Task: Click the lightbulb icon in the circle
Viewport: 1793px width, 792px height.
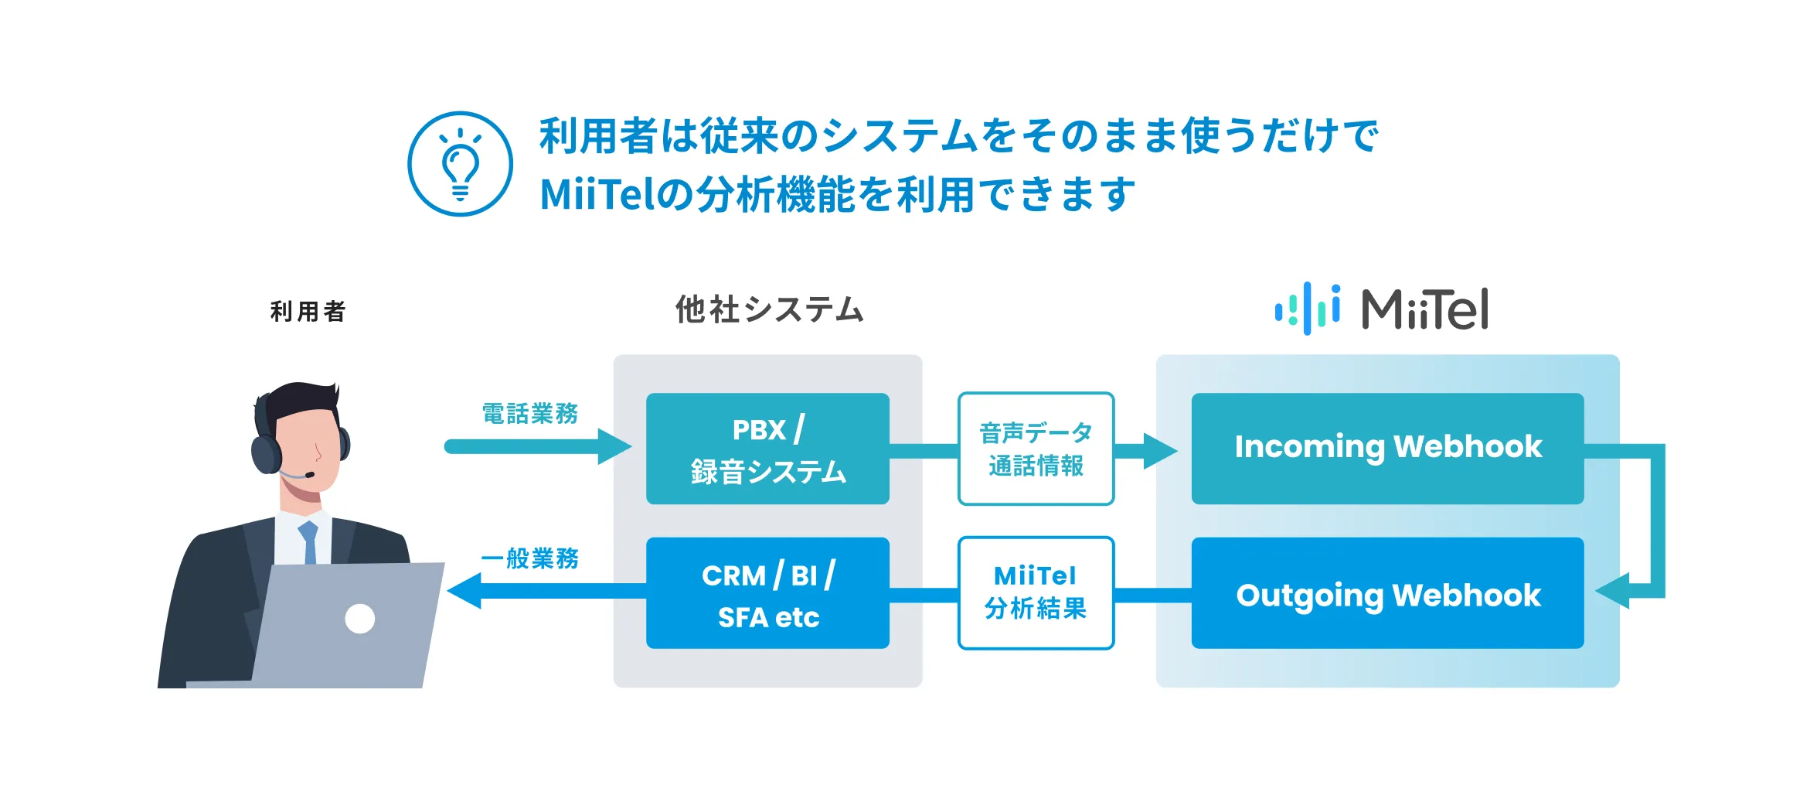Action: click(x=460, y=164)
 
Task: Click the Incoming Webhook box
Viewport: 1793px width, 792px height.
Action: click(x=1387, y=449)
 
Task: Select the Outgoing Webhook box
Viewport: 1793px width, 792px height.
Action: click(x=1387, y=593)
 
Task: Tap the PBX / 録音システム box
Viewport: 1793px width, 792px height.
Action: click(x=767, y=449)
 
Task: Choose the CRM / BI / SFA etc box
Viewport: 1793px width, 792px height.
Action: click(x=767, y=593)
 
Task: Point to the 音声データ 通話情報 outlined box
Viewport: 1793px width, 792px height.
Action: click(x=1036, y=449)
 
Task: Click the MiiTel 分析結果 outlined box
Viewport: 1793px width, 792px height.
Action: click(x=1036, y=593)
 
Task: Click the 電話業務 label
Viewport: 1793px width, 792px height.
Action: click(x=530, y=414)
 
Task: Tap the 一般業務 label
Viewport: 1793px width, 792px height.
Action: click(x=530, y=558)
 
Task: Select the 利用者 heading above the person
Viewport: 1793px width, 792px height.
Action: click(x=308, y=312)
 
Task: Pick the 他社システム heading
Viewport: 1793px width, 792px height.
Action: click(x=769, y=309)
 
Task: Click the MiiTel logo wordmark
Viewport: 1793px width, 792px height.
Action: click(x=1424, y=309)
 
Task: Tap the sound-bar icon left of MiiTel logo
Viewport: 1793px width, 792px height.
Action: click(x=1308, y=309)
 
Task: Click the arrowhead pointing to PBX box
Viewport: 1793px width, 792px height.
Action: click(x=615, y=447)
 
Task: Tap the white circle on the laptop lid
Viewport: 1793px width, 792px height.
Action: click(x=360, y=619)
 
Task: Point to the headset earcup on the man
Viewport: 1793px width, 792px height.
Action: click(x=265, y=454)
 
